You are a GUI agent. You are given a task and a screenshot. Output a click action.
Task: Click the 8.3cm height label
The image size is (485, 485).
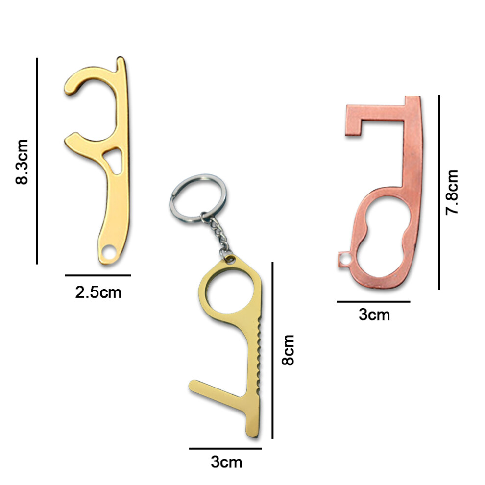(22, 162)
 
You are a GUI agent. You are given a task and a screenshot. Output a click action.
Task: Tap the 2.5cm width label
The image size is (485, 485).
(98, 292)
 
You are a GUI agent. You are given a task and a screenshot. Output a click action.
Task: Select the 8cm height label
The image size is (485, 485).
(288, 350)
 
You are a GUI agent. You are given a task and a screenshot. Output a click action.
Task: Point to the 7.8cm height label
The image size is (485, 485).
(452, 192)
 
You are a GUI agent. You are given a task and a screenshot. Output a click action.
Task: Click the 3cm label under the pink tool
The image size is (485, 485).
(374, 315)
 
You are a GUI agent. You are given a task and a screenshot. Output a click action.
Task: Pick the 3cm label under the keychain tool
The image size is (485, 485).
(226, 462)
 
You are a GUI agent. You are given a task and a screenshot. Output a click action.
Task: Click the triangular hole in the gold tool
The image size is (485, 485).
(113, 161)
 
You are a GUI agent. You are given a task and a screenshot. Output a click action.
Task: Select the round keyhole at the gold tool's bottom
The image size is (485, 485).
(108, 252)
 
